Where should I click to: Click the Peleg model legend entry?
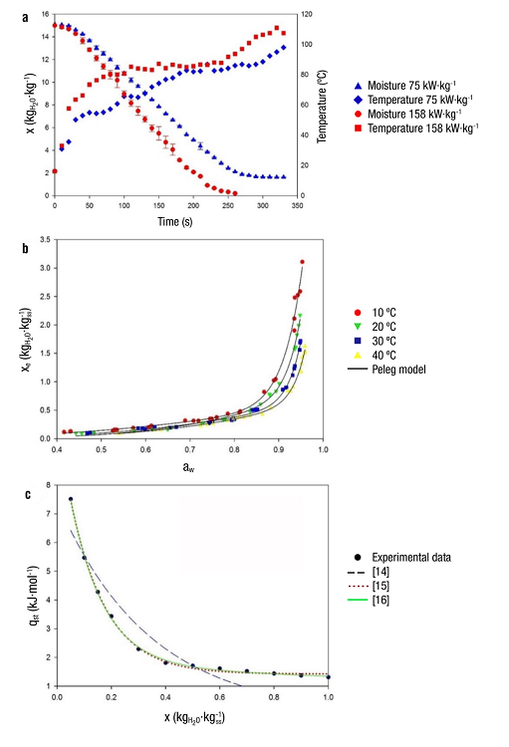click(x=395, y=369)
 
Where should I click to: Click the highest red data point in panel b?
click(x=302, y=262)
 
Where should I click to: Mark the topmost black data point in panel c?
click(x=71, y=499)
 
